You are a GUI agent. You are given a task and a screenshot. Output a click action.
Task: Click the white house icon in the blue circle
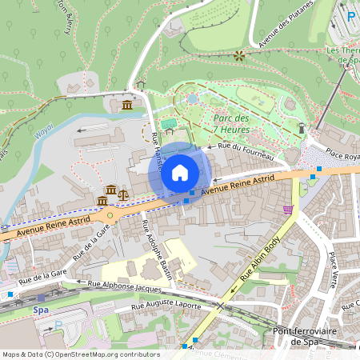pyautogui.click(x=180, y=172)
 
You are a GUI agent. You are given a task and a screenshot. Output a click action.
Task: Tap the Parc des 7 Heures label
pyautogui.click(x=231, y=125)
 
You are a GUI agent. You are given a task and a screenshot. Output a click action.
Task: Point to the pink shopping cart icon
pyautogui.click(x=288, y=210)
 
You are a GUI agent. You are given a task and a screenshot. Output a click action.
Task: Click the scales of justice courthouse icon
pyautogui.click(x=122, y=193)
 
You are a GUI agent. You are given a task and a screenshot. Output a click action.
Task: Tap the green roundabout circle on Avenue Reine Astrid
pyautogui.click(x=110, y=214)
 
